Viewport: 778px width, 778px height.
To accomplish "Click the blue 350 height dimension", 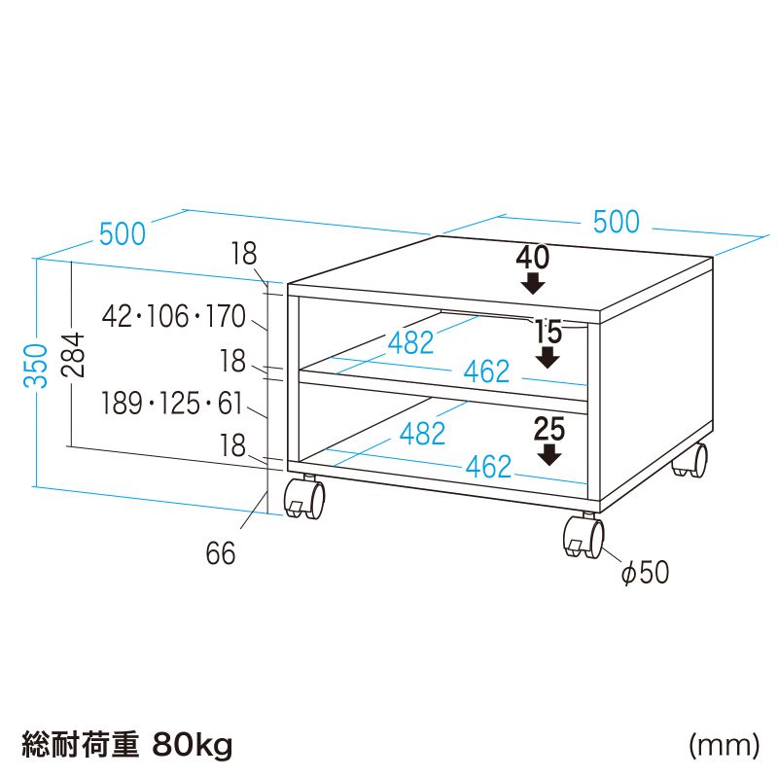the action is click(x=35, y=366).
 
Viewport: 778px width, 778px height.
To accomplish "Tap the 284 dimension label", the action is click(x=72, y=355).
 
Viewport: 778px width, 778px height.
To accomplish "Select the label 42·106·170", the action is click(x=174, y=316).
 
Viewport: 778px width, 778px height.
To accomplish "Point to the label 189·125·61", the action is click(x=172, y=403).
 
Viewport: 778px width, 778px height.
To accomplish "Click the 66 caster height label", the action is click(x=221, y=552).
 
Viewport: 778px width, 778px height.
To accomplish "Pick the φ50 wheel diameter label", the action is click(x=645, y=572).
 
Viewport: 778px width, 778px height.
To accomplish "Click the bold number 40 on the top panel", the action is click(x=533, y=258).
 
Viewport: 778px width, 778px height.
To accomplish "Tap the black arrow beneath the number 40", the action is click(x=533, y=284).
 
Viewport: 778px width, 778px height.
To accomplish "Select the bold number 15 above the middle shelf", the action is click(x=548, y=332).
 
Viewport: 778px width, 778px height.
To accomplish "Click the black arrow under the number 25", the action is click(x=548, y=455).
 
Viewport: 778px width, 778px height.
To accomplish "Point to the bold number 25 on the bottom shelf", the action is click(x=549, y=429).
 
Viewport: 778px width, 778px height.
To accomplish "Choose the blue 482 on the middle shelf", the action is click(x=410, y=342).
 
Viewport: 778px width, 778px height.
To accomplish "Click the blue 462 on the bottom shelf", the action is click(x=488, y=467).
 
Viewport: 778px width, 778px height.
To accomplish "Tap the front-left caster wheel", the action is click(x=304, y=498).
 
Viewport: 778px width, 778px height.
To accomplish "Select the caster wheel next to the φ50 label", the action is click(x=584, y=537).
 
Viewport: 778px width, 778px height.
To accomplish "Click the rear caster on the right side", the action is click(x=690, y=460).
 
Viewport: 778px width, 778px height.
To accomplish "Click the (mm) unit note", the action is click(x=724, y=745).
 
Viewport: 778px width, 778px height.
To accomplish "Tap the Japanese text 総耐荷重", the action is click(x=81, y=744).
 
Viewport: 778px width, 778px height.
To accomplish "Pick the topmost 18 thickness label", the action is click(x=244, y=254).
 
